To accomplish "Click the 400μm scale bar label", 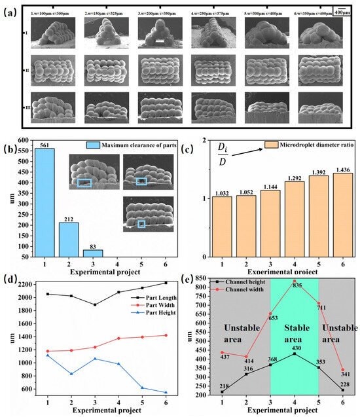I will pyautogui.click(x=342, y=12).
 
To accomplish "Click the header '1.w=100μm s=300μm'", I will pyautogui.click(x=51, y=12).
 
